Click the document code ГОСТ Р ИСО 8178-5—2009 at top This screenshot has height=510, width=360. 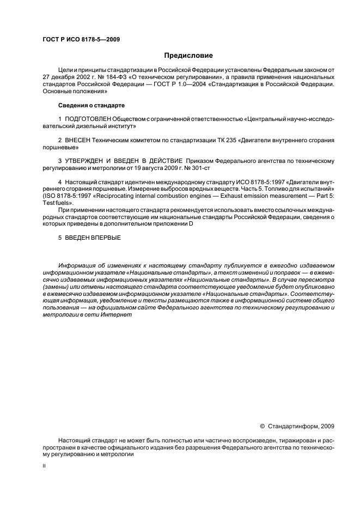tap(81, 39)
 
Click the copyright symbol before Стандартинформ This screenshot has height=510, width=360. tap(263, 427)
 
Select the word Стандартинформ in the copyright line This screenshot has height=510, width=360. tap(294, 427)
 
